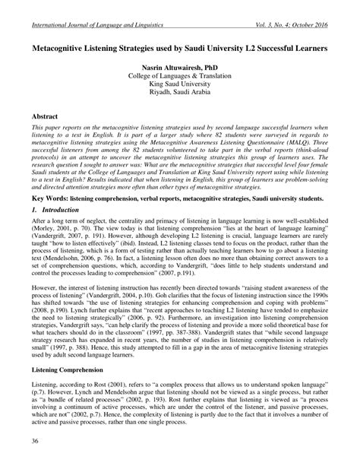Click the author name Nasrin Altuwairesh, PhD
coord(180,68)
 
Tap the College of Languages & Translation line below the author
coord(180,78)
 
